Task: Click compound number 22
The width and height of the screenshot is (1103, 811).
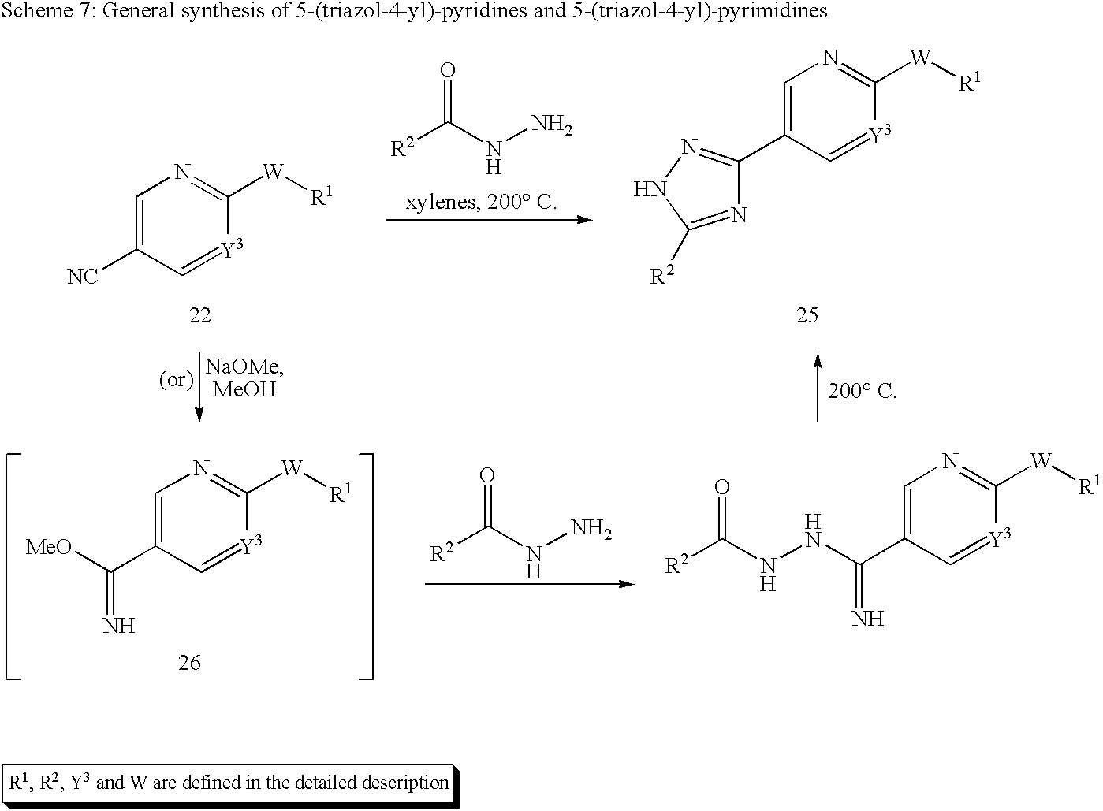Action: pyautogui.click(x=199, y=315)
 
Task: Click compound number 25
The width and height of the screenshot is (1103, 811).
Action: pyautogui.click(x=807, y=315)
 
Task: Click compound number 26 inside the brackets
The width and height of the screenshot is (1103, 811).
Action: pyautogui.click(x=189, y=662)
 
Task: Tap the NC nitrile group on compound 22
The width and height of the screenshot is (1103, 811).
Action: pyautogui.click(x=82, y=276)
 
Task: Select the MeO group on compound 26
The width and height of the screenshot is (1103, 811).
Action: pyautogui.click(x=49, y=547)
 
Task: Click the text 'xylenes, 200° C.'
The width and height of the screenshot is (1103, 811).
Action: pyautogui.click(x=481, y=203)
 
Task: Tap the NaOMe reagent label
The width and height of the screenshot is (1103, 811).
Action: pyautogui.click(x=244, y=367)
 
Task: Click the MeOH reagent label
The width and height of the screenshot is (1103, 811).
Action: pyautogui.click(x=244, y=389)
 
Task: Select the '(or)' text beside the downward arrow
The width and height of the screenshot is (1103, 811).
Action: pyautogui.click(x=176, y=379)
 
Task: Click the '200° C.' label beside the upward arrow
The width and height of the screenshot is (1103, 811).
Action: pyautogui.click(x=862, y=392)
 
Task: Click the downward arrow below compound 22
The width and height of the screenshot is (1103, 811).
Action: pyautogui.click(x=199, y=386)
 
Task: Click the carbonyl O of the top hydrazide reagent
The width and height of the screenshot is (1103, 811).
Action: pyautogui.click(x=448, y=71)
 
